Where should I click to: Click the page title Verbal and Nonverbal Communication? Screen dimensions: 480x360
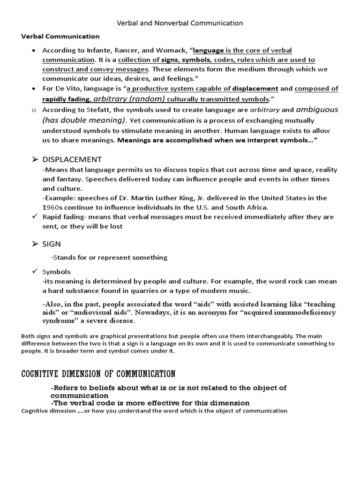tap(180, 22)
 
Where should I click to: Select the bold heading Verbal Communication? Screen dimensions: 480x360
tap(60, 36)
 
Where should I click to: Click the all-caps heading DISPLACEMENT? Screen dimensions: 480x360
tap(72, 159)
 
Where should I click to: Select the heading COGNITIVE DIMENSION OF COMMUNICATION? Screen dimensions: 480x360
tap(98, 374)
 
